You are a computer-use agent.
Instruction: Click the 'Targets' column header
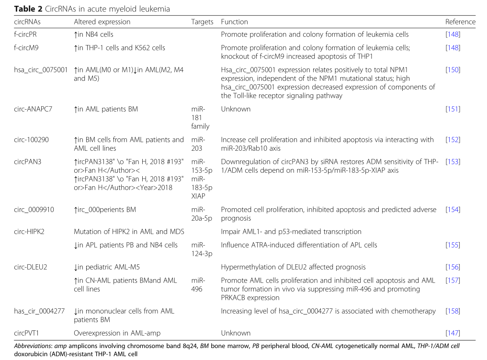(202, 22)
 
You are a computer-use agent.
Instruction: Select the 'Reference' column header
(460, 22)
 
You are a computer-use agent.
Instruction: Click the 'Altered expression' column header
(102, 22)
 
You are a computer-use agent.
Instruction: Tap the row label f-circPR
(25, 34)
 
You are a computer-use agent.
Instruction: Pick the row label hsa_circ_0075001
(41, 70)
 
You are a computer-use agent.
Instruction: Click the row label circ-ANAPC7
(33, 109)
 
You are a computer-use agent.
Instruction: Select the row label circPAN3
(28, 162)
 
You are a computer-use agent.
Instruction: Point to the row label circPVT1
(28, 333)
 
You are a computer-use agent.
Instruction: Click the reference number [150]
(453, 70)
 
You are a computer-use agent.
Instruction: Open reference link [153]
(453, 162)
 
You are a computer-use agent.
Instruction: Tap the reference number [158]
(453, 311)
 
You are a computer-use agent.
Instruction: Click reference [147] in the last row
(453, 333)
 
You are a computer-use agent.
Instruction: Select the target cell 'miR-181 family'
(200, 118)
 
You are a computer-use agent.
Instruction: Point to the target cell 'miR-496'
(198, 285)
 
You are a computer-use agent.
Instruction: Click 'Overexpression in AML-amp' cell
(117, 333)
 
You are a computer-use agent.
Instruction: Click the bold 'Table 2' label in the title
(28, 9)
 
